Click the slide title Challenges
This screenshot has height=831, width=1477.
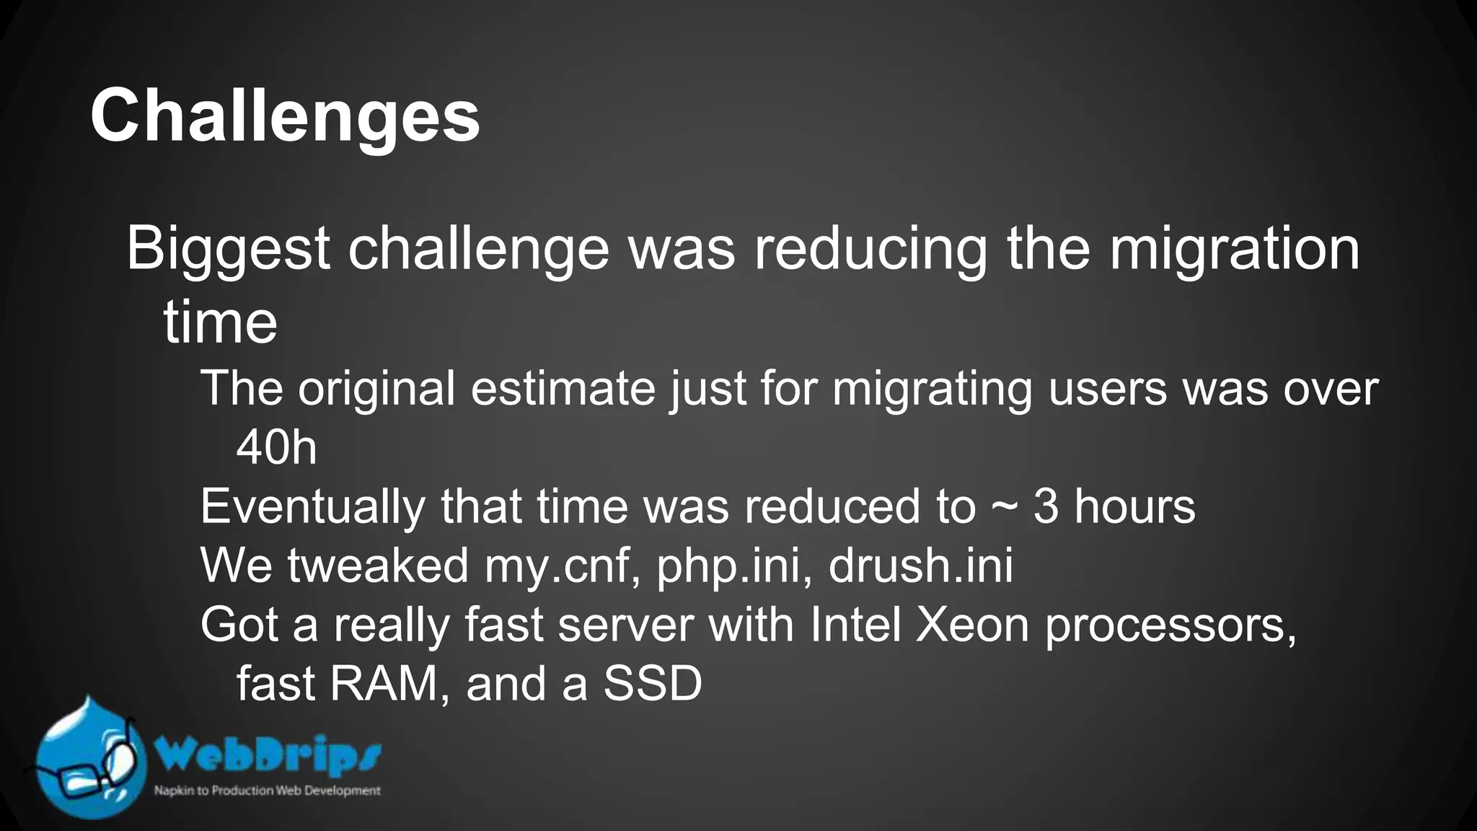tap(285, 116)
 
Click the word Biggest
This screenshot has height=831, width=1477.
tap(228, 249)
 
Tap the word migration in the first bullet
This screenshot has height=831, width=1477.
tap(1234, 249)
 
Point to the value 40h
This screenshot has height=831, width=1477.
tap(277, 447)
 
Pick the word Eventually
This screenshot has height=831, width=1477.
tap(312, 506)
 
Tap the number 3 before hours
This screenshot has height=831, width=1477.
tap(1046, 506)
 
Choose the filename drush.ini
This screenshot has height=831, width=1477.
tap(920, 566)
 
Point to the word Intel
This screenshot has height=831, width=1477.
tap(855, 625)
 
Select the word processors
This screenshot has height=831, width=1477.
tap(1170, 626)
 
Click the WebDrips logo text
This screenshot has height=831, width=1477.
tap(268, 756)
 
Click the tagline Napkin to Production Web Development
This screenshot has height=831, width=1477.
tap(267, 791)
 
